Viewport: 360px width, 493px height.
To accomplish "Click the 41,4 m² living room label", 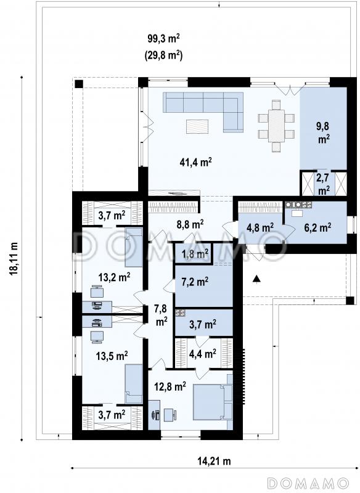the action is tap(195, 162).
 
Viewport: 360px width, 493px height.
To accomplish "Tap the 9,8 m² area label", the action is tap(323, 132).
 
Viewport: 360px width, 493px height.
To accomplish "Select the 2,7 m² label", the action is tap(323, 184).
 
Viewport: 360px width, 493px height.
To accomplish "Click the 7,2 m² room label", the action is tap(195, 282).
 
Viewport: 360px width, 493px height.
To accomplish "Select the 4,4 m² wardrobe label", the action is tap(202, 354).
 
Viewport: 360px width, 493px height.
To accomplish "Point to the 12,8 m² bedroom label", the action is tap(170, 386).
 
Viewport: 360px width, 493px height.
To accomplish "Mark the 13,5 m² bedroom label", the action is tap(112, 356).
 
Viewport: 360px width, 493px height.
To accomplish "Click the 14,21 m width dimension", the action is tap(214, 461).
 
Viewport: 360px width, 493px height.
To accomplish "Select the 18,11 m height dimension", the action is tap(14, 259).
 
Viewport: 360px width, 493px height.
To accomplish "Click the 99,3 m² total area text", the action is tap(164, 39).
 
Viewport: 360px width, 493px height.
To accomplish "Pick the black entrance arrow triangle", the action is tap(257, 279).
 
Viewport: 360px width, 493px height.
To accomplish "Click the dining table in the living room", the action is tap(276, 126).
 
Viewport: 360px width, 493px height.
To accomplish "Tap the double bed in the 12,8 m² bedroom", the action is tap(212, 402).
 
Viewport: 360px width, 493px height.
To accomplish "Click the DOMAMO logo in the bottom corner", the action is tap(308, 483).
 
